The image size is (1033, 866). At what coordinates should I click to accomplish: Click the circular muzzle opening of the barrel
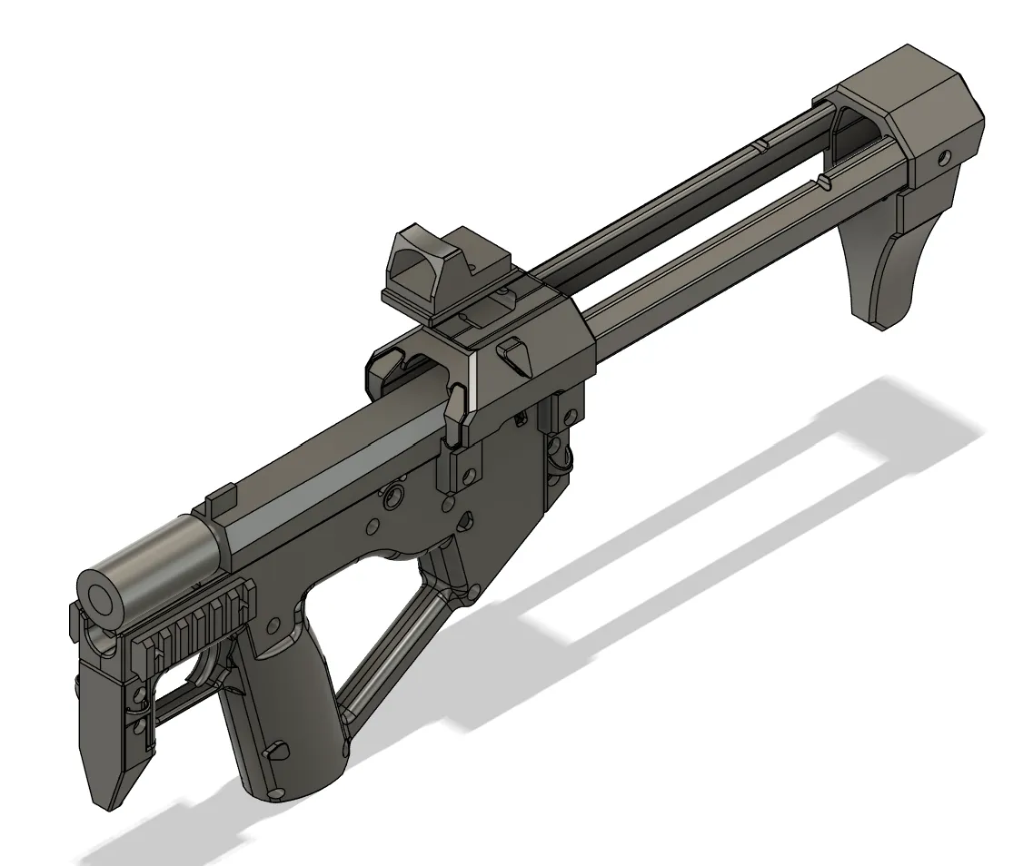[x=101, y=595]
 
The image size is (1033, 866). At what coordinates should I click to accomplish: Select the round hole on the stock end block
[x=945, y=158]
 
